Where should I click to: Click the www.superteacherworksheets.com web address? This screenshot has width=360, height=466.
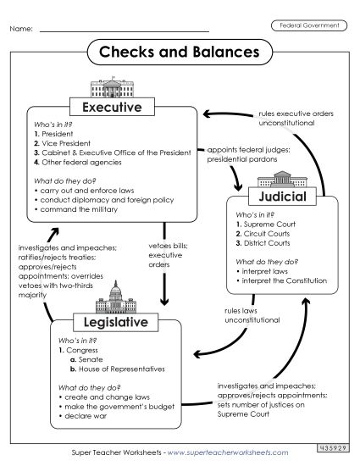click(213, 456)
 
